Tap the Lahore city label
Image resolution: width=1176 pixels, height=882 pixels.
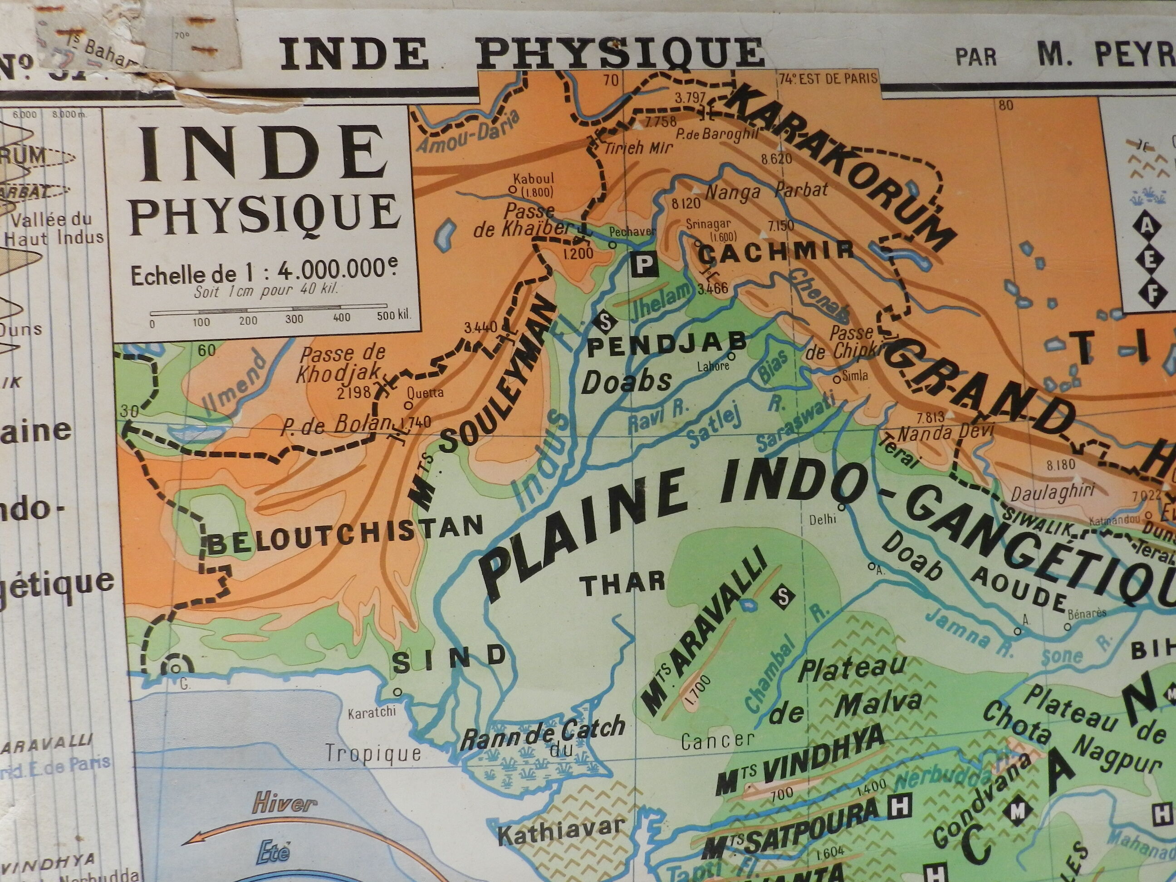coord(712,366)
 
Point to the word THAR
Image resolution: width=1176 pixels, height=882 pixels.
coord(622,583)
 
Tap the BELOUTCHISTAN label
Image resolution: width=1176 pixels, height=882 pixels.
coord(344,536)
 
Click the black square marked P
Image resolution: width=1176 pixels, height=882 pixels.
coord(644,264)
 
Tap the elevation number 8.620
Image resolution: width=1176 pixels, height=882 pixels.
coord(776,158)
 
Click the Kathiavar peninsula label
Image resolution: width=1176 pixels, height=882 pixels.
coord(560,842)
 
